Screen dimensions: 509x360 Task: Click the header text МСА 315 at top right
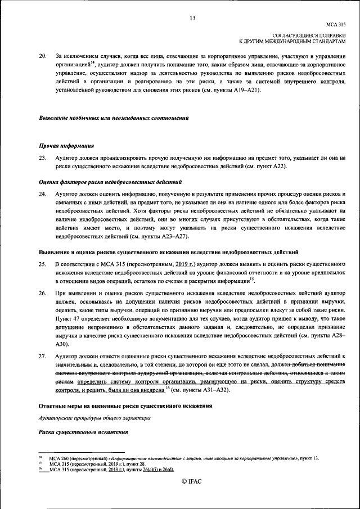tap(335, 25)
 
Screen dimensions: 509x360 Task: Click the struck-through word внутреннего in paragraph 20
tap(301, 81)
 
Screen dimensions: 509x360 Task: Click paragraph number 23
tap(42, 159)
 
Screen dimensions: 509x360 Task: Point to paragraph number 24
tap(42, 194)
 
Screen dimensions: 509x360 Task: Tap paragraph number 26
tap(42, 294)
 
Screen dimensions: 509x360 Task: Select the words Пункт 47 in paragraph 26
tap(67, 319)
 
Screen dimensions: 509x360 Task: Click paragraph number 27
tap(42, 356)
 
